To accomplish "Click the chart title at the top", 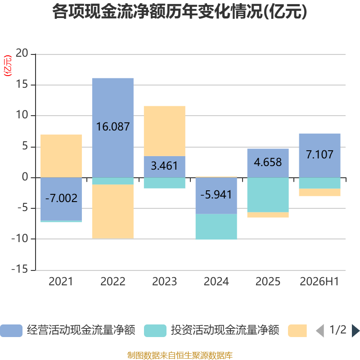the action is coord(180,12).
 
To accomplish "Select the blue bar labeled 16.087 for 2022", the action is coord(113,128).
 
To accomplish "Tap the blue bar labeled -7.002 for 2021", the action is coord(61,199).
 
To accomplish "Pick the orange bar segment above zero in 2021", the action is coord(61,156).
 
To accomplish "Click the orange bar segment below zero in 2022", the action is coord(113,211).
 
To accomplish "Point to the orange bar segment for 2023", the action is coord(165,131).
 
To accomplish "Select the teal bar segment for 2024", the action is coord(216,227).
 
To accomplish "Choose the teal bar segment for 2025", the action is coord(268,195).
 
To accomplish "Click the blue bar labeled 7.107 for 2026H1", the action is coord(319,156).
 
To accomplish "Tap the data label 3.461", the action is coord(164,166).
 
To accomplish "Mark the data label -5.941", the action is coord(216,195).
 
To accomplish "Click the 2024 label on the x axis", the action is coord(216,282).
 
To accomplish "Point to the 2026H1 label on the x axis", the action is coord(319,282).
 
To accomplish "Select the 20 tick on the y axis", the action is coord(22,53).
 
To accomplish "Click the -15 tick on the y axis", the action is coord(20,269).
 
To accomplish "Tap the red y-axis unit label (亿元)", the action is coord(8,66).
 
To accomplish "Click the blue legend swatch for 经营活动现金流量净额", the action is coord(11,331).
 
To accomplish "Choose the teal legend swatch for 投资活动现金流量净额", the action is coord(155,331).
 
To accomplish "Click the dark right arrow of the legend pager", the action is coord(355,331).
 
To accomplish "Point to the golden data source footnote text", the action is coord(180,355).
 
